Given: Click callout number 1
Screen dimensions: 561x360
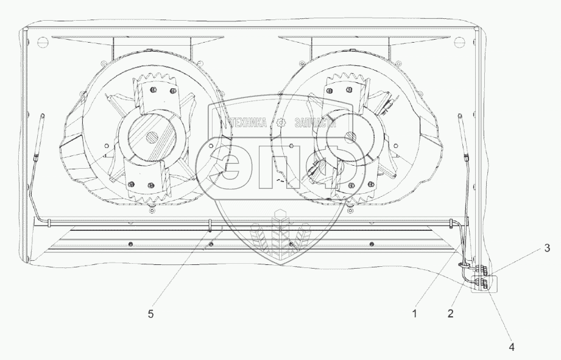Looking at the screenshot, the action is point(415,314).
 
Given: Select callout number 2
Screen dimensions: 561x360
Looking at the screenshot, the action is point(451,314).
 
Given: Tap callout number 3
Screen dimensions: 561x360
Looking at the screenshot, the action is point(547,248).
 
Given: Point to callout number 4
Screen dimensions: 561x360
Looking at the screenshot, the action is point(512,347).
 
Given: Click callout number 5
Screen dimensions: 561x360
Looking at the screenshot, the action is point(150,314).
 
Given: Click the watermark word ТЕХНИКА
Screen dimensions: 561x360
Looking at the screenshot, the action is point(248,123).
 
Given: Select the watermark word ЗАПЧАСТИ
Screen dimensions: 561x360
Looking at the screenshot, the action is point(316,123).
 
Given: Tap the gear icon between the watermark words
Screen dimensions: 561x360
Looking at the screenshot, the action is point(281,123).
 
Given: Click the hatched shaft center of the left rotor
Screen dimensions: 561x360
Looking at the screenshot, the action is point(152,137).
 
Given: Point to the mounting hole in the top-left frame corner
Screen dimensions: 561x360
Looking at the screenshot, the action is point(42,41).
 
